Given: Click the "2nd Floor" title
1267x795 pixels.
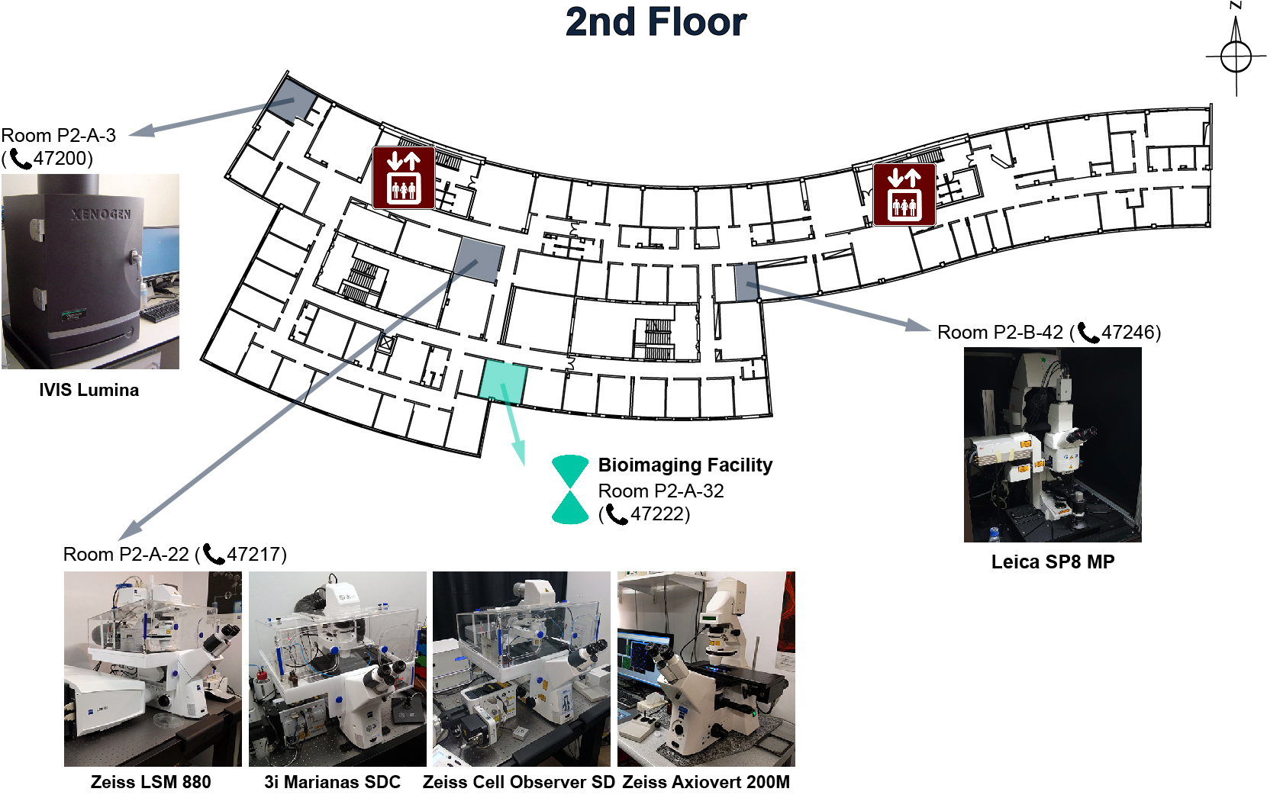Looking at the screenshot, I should point(656,22).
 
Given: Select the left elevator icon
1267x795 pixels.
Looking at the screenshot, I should point(404,178).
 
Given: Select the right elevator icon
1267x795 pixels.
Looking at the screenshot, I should point(904,195).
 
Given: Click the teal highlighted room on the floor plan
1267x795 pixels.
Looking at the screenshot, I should point(503,381).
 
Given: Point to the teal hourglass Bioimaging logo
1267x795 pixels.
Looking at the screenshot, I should point(570,490).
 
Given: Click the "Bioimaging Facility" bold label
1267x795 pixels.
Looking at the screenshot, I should point(685,465).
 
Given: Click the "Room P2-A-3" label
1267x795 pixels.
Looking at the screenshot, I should point(59,135).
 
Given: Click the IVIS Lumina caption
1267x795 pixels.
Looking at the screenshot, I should point(89,390).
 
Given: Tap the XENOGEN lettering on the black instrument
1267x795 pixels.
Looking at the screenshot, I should point(101,214).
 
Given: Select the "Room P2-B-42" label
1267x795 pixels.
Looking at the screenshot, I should point(1000,333).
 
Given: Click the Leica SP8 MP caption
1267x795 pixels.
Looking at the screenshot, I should point(1053,562).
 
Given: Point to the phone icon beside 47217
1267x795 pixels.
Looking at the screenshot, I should point(213,554).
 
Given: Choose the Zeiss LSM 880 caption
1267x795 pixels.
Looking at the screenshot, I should point(151,782).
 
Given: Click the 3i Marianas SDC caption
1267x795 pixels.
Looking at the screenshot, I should point(332,782).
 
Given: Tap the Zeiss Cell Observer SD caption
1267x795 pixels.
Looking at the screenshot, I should point(518,782).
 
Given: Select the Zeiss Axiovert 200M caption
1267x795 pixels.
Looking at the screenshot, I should point(706,782).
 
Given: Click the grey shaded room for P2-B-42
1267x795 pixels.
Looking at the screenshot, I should point(746,282).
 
